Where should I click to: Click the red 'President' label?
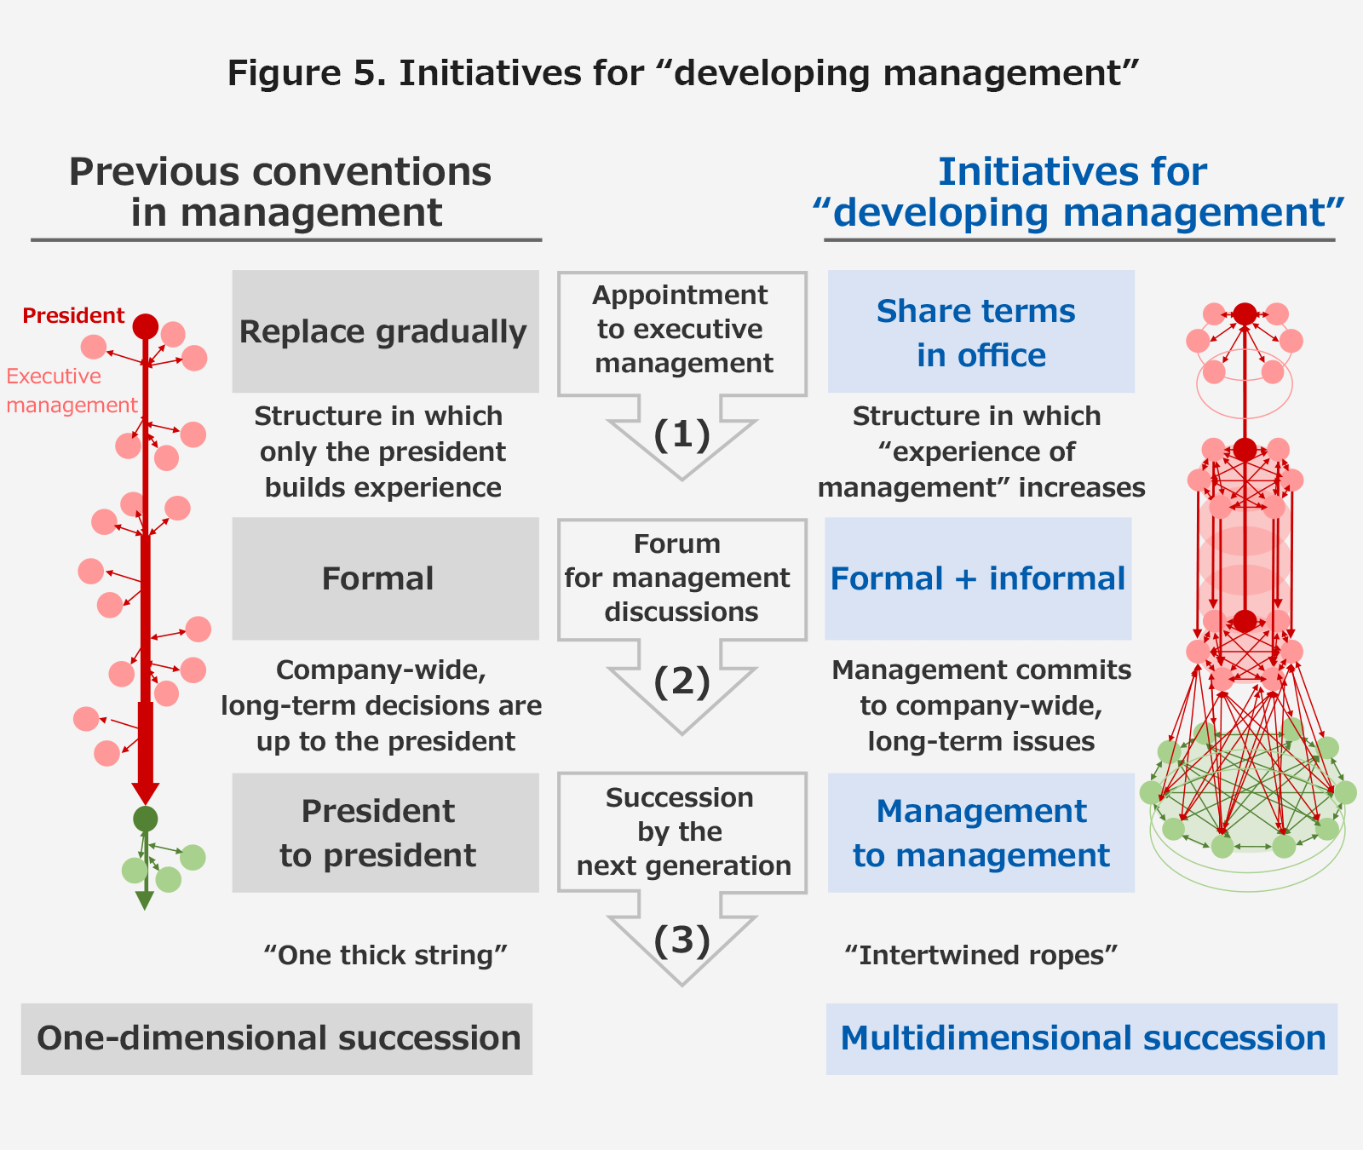click(73, 316)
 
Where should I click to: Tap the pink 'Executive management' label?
click(72, 390)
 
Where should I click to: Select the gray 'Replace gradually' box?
click(385, 331)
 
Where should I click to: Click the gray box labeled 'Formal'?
click(385, 578)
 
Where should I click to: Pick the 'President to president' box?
click(385, 833)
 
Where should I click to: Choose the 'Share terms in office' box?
click(981, 331)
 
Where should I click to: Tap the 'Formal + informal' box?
click(978, 578)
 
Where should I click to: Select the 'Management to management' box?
click(981, 833)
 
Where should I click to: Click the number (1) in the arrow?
click(681, 434)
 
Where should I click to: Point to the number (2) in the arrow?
click(681, 682)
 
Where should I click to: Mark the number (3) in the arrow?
click(681, 940)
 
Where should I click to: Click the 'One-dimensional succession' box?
click(277, 1038)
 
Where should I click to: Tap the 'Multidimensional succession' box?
click(1082, 1038)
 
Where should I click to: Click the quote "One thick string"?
click(385, 955)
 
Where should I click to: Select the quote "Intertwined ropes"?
click(981, 955)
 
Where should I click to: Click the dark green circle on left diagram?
click(146, 819)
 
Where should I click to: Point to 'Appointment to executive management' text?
click(682, 330)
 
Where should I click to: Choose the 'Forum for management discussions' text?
click(679, 578)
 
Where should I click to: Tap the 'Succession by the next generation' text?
click(681, 831)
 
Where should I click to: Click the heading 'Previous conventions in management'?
click(281, 193)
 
